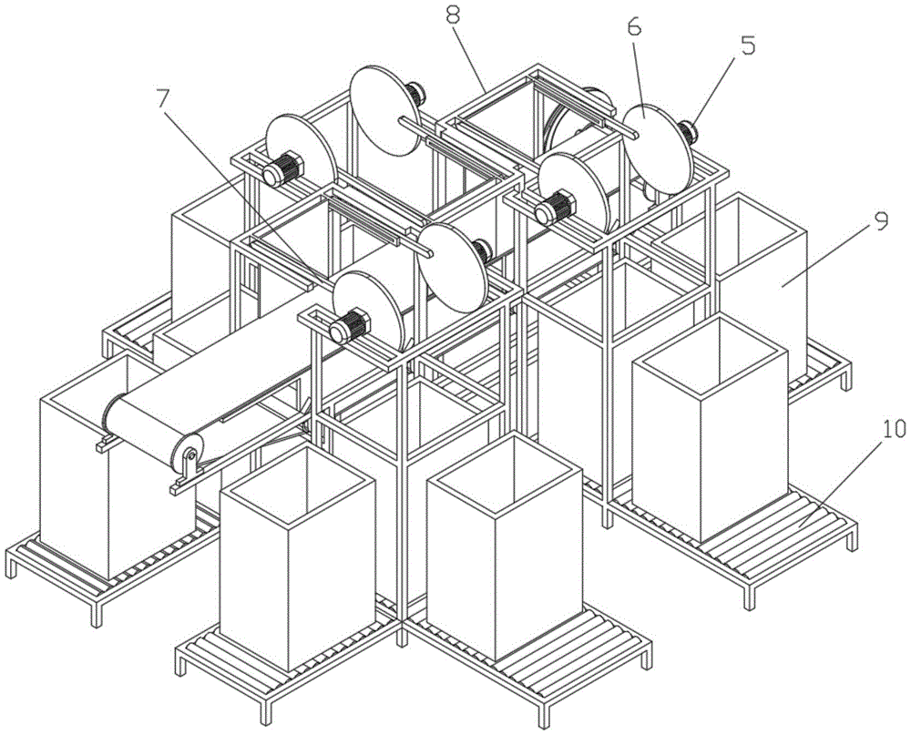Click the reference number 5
[747, 46]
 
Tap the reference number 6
[633, 26]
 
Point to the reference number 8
[454, 15]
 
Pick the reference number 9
[881, 221]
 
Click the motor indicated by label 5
[689, 132]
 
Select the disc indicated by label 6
[658, 148]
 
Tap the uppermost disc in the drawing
[384, 110]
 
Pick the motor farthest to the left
[282, 168]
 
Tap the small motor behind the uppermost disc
[416, 93]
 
